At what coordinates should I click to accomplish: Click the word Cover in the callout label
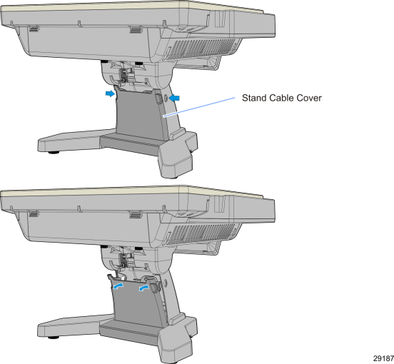coord(309,98)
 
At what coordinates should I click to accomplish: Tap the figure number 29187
coord(383,358)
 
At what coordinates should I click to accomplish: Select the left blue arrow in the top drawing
coord(110,93)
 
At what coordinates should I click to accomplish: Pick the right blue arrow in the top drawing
coord(174,98)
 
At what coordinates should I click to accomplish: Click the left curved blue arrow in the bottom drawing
coord(118,286)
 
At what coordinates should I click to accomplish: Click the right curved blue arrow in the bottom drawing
coord(144,288)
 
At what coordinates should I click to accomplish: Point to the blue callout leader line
coord(199,107)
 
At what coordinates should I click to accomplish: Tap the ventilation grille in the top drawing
coord(201,49)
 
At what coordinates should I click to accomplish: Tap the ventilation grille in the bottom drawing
coord(201,234)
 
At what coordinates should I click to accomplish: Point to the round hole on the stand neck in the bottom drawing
coord(165,283)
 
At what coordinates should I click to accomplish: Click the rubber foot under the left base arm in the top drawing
coord(54,152)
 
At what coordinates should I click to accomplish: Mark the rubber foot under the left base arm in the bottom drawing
coord(54,338)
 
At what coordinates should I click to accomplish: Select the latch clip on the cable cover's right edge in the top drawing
coord(158,98)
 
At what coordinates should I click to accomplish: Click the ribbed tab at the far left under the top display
coord(34,29)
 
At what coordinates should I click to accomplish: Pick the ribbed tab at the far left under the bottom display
coord(34,214)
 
